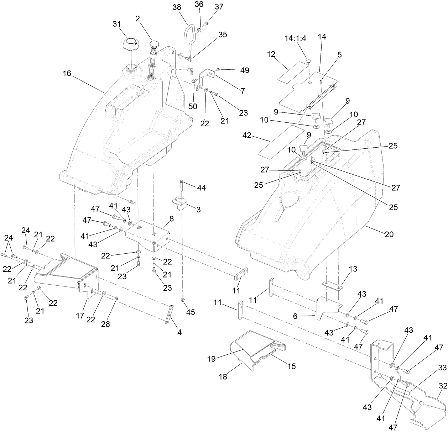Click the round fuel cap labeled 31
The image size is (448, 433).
coord(130,45)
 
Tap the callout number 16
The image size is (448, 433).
coord(67,74)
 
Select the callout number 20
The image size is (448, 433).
coord(389,234)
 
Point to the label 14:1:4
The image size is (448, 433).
coord(295,38)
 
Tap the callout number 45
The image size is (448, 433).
coord(191,312)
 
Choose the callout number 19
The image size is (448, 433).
coord(212,359)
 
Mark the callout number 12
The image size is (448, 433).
coord(271,54)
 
